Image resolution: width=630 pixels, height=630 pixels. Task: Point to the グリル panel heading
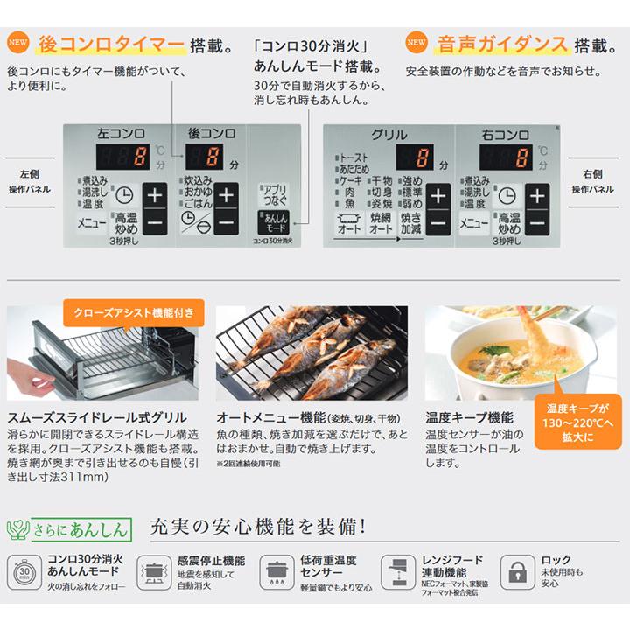tap(388, 134)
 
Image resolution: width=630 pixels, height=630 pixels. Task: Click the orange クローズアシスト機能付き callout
tap(134, 312)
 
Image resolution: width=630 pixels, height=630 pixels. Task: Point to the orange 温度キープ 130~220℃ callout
tap(579, 420)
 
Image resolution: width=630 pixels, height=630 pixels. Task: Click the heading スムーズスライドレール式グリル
tap(98, 418)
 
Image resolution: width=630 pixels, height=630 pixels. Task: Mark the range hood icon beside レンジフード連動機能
tap(397, 570)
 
